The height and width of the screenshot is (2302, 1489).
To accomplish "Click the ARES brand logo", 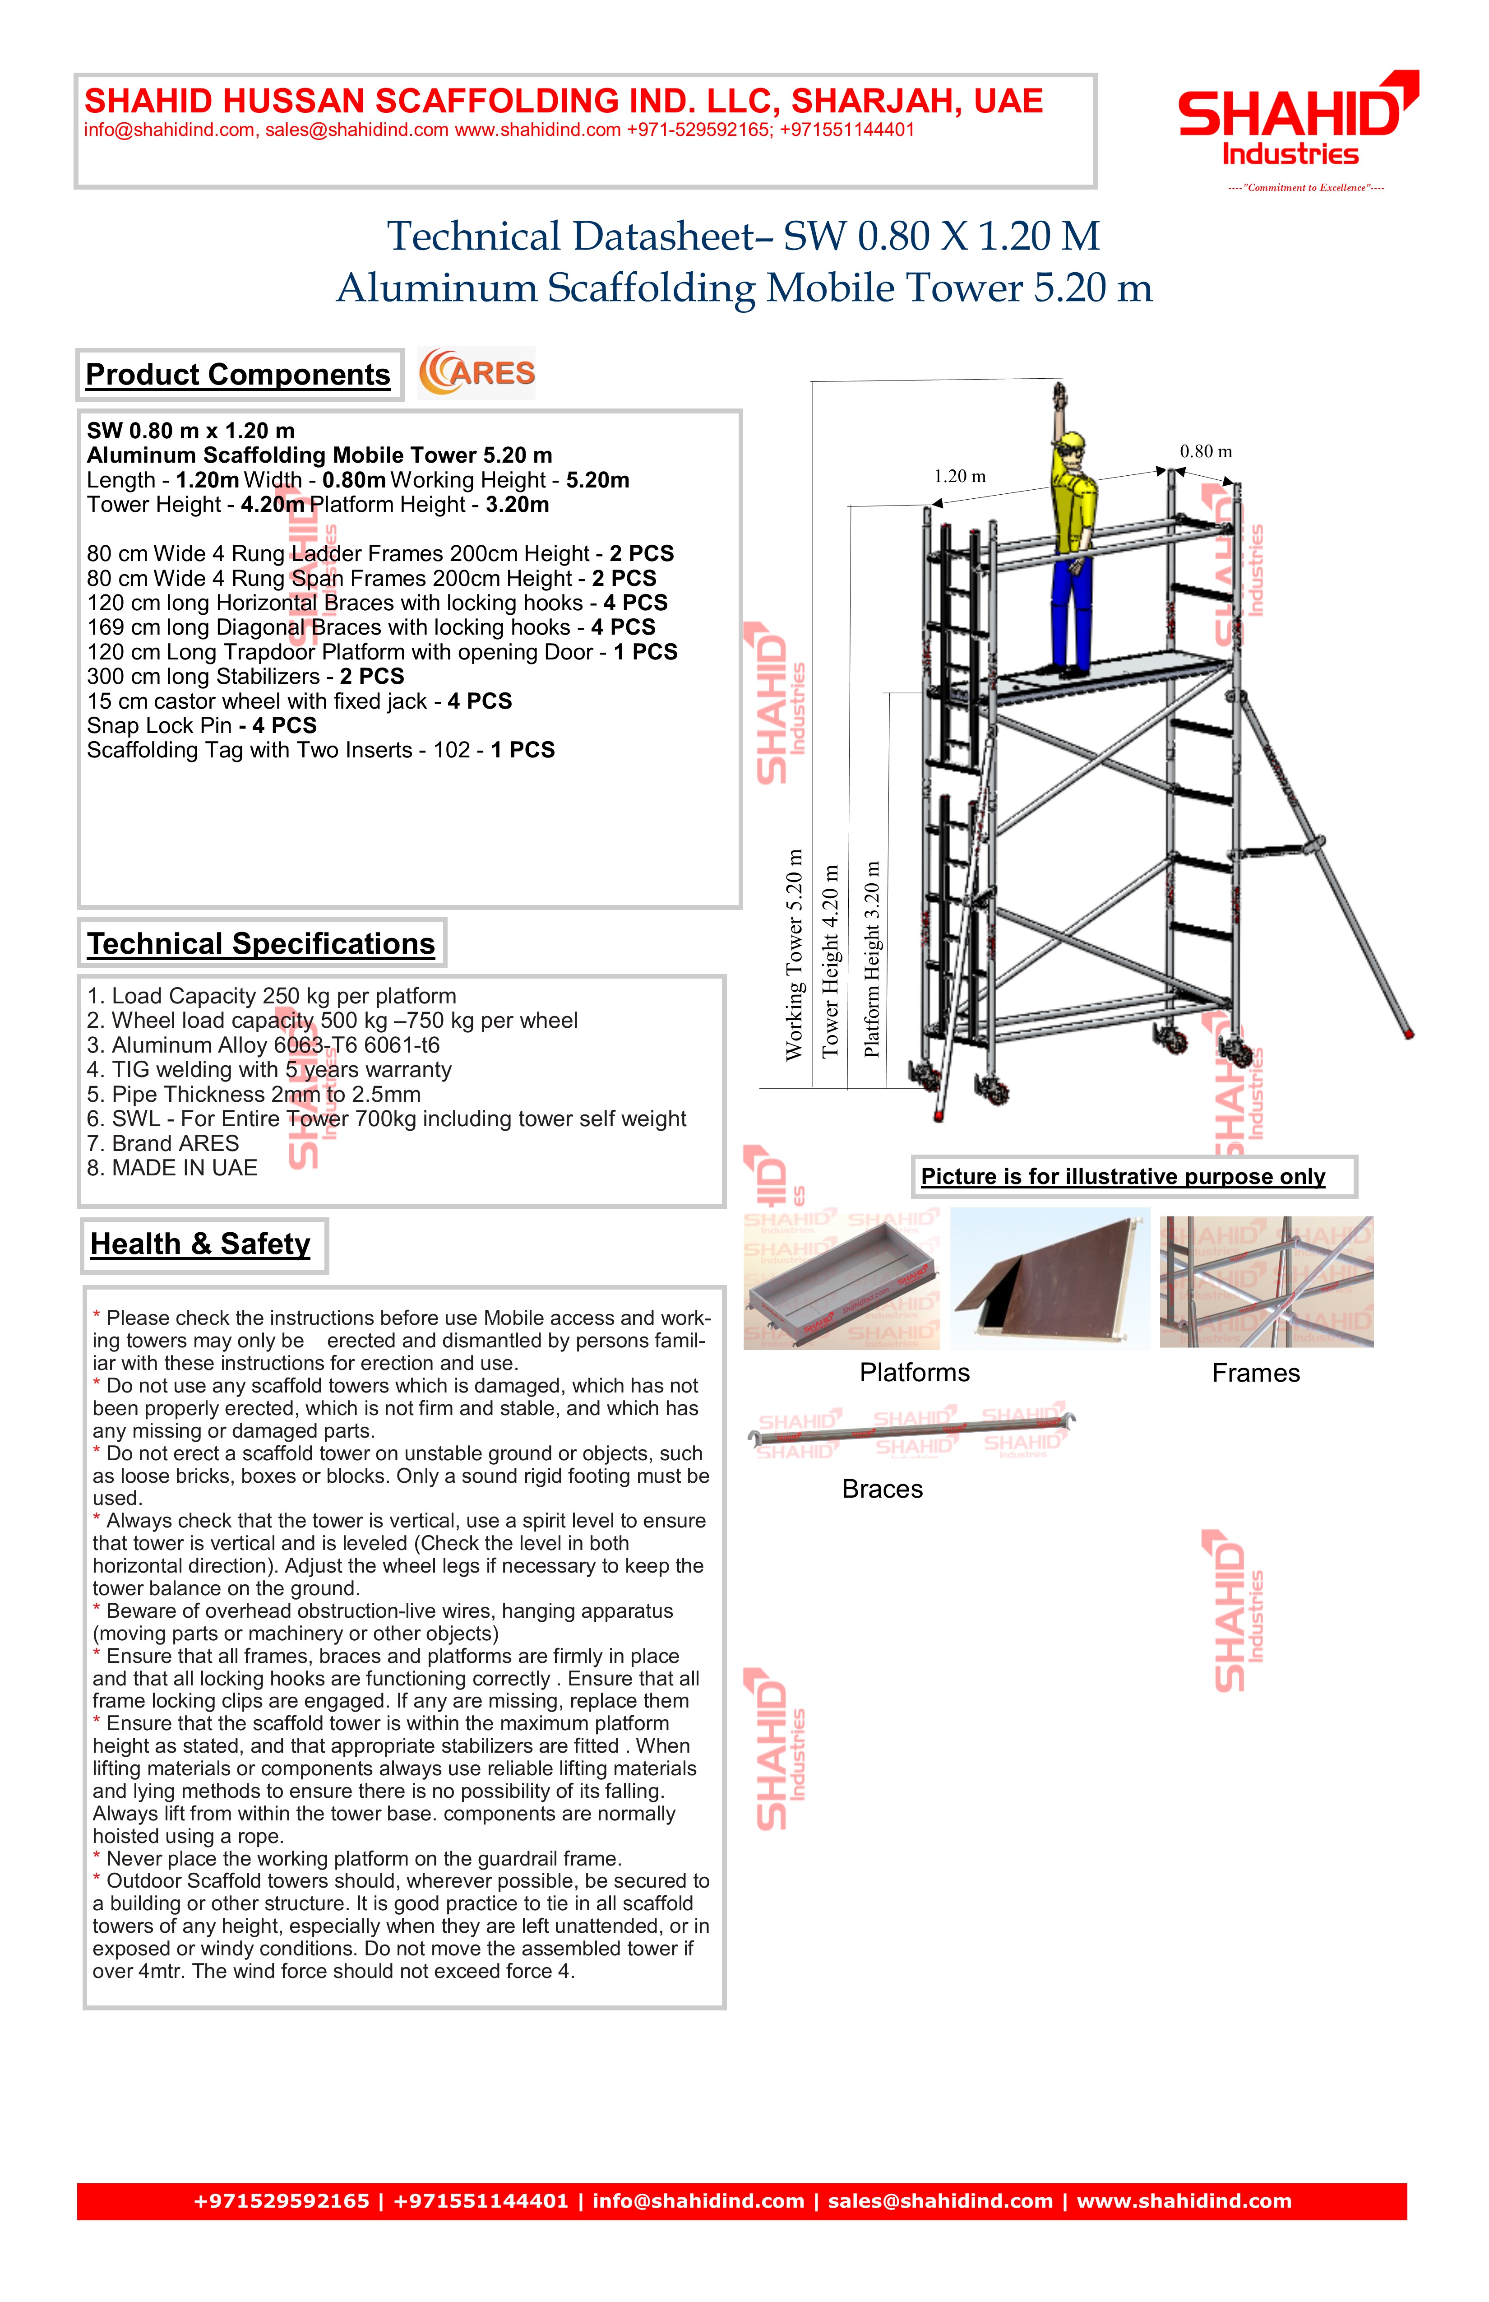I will pos(476,373).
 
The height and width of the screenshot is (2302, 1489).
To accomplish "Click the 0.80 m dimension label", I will pos(1206,452).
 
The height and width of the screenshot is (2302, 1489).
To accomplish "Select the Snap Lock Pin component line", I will pos(201,725).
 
